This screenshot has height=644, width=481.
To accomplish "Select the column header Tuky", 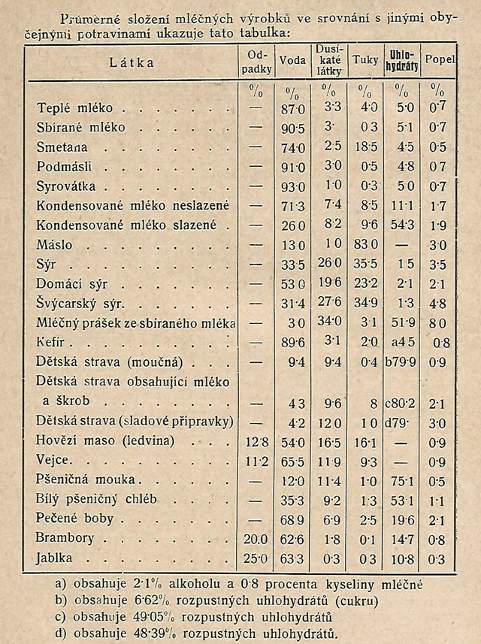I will tap(366, 59).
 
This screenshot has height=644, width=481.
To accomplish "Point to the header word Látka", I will tap(131, 62).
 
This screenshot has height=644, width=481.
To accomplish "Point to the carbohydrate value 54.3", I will tap(402, 225).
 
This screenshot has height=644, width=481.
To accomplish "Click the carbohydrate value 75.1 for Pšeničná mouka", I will tap(403, 479).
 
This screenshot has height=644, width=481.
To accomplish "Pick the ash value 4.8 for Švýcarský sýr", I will tap(437, 304).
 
